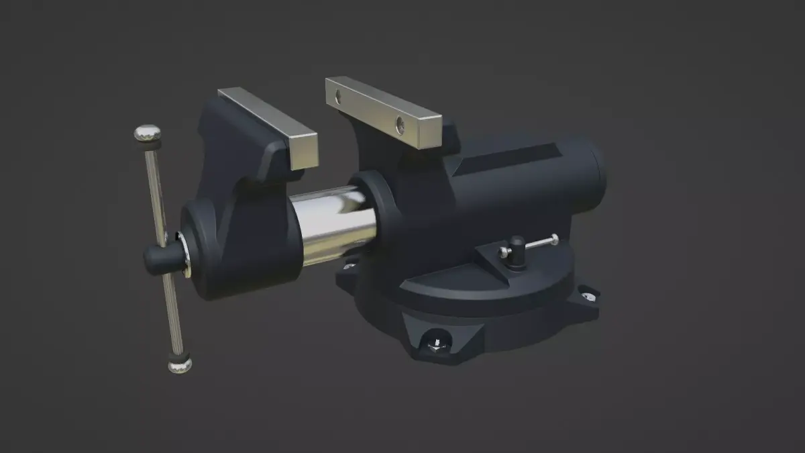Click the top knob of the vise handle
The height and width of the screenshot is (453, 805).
(x=148, y=133)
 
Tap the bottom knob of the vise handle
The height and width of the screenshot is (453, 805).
(x=180, y=364)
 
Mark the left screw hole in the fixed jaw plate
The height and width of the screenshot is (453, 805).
(x=338, y=97)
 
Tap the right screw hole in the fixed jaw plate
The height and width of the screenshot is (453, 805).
(x=400, y=123)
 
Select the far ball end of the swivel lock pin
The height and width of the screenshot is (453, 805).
(x=554, y=238)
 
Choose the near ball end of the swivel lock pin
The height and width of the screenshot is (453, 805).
(x=503, y=252)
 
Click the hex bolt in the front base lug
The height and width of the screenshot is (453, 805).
(x=435, y=344)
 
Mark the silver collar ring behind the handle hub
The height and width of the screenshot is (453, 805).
(x=183, y=255)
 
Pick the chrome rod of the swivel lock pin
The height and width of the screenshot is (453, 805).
(x=537, y=243)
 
